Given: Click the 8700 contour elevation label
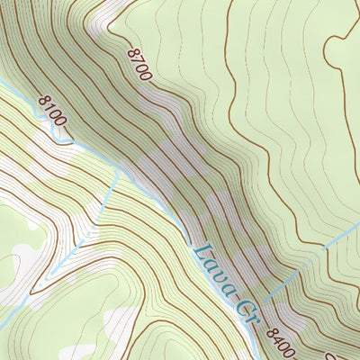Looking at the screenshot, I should tap(139, 64).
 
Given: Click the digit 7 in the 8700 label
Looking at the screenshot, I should tap(137, 61).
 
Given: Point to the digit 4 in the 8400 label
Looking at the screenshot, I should tap(279, 338).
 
